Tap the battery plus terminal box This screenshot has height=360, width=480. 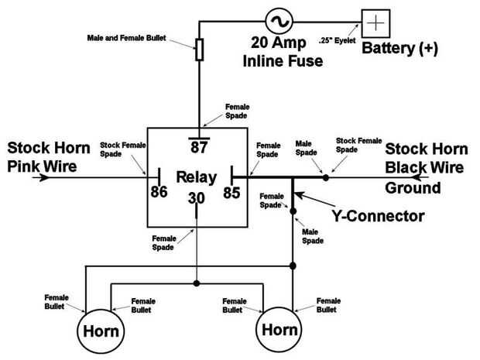point(375,22)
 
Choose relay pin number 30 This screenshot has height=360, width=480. point(197,199)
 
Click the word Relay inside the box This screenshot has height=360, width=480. point(195,178)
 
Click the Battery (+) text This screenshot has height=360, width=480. point(399,49)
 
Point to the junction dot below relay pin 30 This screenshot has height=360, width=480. point(197,283)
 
